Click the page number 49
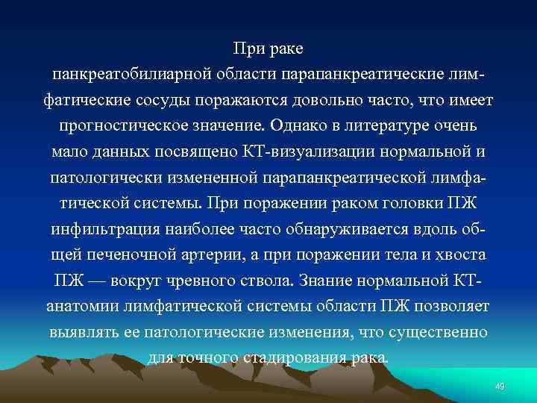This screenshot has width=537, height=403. pyautogui.click(x=500, y=385)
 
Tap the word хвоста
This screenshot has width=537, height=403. pyautogui.click(x=462, y=254)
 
